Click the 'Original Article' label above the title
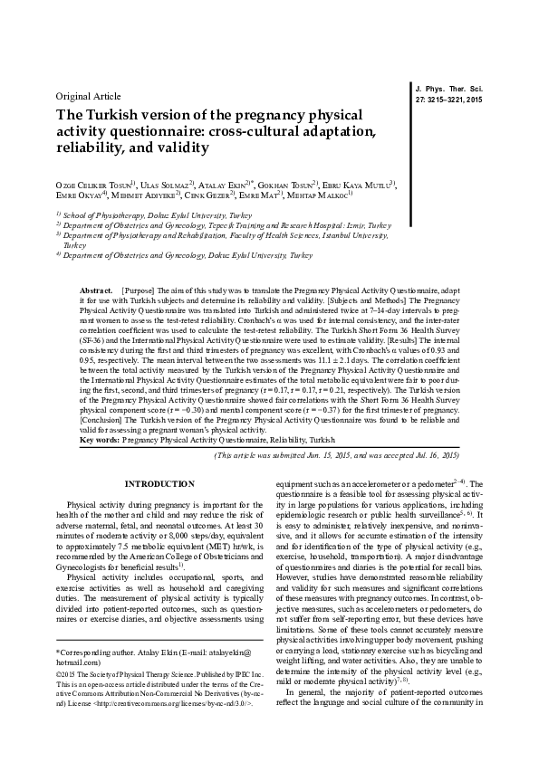click(x=89, y=95)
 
